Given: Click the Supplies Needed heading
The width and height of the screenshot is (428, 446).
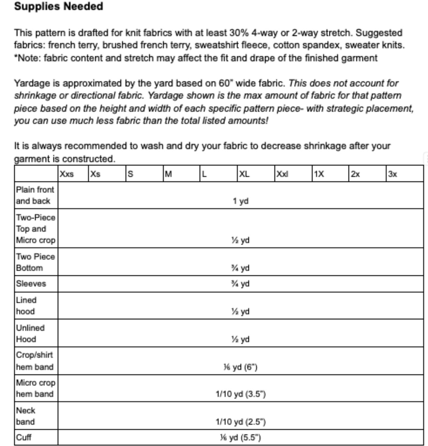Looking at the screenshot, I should [x=58, y=6].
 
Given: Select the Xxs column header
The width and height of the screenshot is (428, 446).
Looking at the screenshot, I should [x=67, y=174].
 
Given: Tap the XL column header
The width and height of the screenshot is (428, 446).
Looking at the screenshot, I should [x=244, y=174].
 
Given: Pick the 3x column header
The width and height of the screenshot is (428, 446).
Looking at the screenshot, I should [x=392, y=174].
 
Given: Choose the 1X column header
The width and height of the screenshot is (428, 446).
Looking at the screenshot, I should [x=319, y=174].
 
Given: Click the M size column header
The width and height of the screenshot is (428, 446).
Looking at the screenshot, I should [x=168, y=174].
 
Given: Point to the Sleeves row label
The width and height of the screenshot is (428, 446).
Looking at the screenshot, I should [x=31, y=284].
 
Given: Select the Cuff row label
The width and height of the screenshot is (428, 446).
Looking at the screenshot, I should [x=24, y=437].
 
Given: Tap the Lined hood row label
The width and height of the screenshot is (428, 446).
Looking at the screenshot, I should [x=26, y=305].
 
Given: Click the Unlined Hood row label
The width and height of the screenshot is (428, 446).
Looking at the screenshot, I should [x=30, y=333].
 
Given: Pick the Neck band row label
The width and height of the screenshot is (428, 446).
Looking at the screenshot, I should [x=25, y=416].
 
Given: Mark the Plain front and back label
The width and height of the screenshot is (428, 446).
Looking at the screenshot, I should [x=35, y=195].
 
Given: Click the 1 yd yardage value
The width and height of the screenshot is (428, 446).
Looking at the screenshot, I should [x=241, y=201].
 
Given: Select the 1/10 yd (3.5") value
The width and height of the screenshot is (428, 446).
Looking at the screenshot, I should [x=241, y=394].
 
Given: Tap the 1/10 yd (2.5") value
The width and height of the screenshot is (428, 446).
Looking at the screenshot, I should [x=241, y=422].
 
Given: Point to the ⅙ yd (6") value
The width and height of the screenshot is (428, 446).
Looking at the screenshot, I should [x=241, y=367].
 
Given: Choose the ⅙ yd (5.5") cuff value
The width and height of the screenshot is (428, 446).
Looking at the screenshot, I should [x=241, y=438].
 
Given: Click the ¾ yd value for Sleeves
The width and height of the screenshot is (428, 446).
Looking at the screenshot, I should [x=241, y=284].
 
